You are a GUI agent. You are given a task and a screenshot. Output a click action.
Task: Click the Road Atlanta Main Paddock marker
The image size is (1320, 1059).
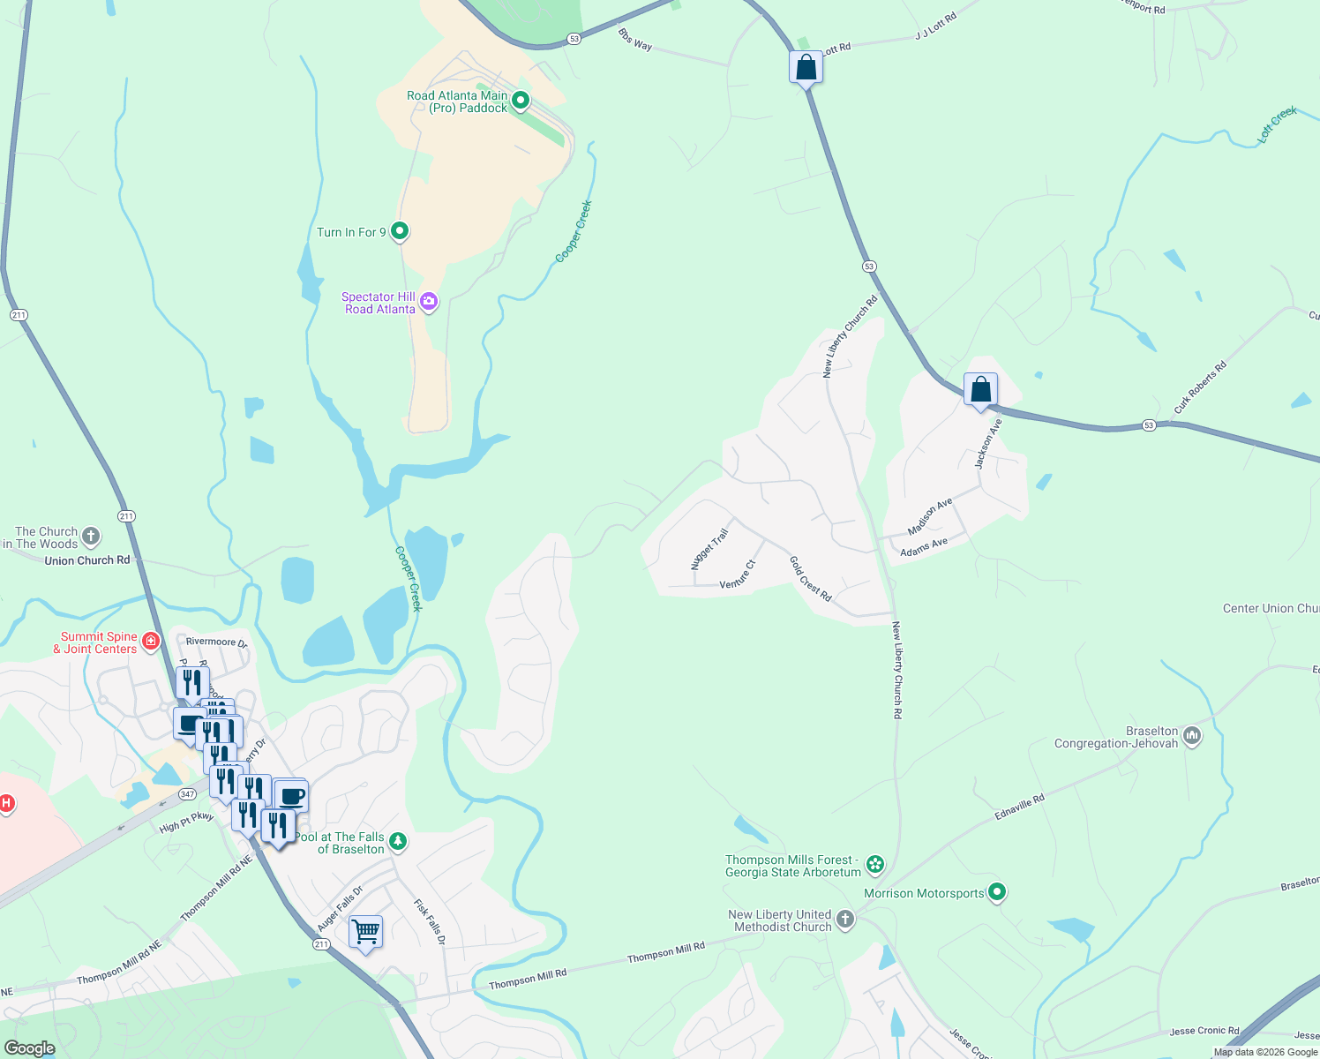click(521, 101)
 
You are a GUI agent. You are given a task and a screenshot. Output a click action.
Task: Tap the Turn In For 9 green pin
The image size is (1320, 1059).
click(400, 231)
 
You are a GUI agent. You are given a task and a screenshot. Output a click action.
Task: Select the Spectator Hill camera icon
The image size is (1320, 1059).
click(429, 303)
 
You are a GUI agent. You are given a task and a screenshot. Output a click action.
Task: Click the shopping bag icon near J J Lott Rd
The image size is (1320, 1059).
click(806, 67)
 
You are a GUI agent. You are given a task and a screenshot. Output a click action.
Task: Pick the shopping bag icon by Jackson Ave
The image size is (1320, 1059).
click(980, 389)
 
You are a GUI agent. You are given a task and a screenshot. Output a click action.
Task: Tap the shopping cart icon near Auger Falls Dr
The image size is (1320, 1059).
click(365, 931)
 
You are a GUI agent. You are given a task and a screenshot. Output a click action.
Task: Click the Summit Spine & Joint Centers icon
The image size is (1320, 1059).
click(151, 641)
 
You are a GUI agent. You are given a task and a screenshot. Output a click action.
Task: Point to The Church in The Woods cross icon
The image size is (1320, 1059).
click(91, 536)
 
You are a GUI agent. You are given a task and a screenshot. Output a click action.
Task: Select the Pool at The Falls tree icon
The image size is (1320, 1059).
click(398, 842)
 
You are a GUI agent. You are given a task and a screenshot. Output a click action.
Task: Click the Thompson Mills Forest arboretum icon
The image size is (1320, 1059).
click(875, 864)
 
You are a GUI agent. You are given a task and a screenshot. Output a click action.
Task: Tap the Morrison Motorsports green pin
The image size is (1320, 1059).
click(997, 892)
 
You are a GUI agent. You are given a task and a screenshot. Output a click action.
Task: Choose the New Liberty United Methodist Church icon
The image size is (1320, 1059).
click(845, 920)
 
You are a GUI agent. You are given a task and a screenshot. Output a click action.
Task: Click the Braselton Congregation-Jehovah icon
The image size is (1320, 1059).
click(1192, 736)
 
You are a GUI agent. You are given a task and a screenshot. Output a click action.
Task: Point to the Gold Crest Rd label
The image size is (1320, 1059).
click(810, 579)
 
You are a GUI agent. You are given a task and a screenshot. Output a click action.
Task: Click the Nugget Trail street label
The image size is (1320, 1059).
click(710, 548)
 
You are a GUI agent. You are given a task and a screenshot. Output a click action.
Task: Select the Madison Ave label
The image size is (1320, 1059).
click(930, 516)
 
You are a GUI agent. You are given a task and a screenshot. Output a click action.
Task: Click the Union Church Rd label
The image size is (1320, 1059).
click(86, 560)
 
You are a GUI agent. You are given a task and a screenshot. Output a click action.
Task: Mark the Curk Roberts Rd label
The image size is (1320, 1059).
click(1200, 387)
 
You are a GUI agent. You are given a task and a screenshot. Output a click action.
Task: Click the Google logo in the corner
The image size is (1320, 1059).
click(30, 1048)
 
